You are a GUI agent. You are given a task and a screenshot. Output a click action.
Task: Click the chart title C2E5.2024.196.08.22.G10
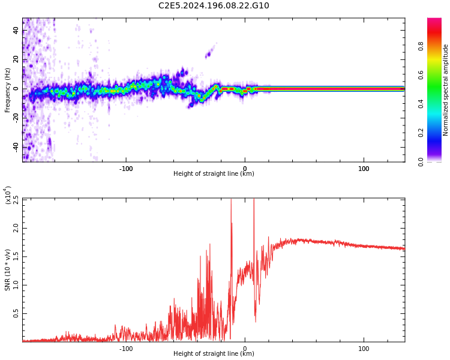coord(214,6)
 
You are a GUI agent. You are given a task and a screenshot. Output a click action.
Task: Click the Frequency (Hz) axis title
coord(8,90)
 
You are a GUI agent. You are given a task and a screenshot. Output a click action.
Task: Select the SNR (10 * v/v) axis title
coord(8,270)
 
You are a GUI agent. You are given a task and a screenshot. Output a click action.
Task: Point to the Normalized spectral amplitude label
coord(446,90)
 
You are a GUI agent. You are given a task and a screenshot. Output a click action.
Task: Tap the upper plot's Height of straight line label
coord(214,174)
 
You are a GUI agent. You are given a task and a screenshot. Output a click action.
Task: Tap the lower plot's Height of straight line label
coord(214,354)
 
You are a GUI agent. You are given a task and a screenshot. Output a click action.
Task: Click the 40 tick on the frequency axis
coord(16,31)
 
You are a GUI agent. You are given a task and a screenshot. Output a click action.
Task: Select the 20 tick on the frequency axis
coord(16,59)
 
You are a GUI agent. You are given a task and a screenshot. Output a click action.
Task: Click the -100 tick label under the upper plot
coord(125,169)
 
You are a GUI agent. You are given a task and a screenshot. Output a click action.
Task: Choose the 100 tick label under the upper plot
coord(364,169)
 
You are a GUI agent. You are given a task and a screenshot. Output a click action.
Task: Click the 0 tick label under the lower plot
coord(244,349)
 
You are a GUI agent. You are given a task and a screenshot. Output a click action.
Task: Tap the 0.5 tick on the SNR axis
coord(15,314)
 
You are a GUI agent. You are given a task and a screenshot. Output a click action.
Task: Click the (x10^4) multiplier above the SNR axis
coord(8,195)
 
